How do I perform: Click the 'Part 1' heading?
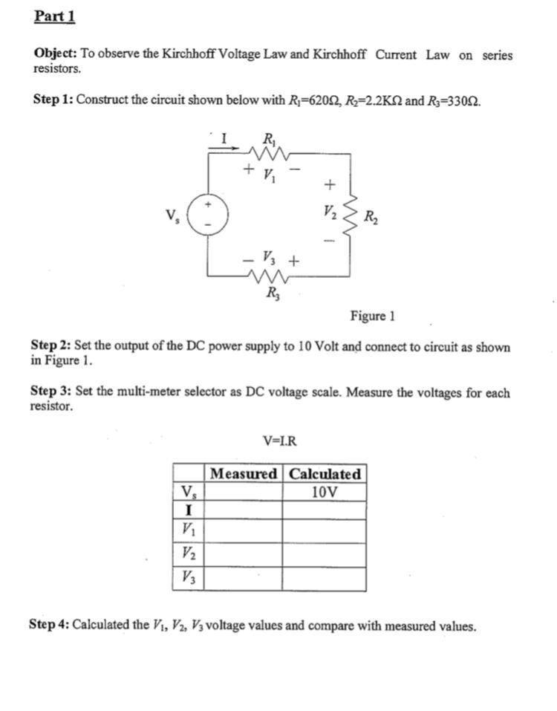pos(55,16)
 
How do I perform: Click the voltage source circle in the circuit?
pos(208,215)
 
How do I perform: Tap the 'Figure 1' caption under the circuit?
pos(372,316)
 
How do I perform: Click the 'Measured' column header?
pos(244,474)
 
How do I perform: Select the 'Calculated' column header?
pos(325,474)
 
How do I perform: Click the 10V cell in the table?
pos(325,492)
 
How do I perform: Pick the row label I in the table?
pos(189,510)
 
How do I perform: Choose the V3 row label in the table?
pos(189,578)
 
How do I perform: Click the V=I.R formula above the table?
pos(280,441)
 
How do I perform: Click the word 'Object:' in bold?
pos(56,54)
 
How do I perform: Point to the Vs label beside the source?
pos(173,216)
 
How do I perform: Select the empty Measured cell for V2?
pos(244,554)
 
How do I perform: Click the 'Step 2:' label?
pos(51,347)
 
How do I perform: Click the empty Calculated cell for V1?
pos(325,530)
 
